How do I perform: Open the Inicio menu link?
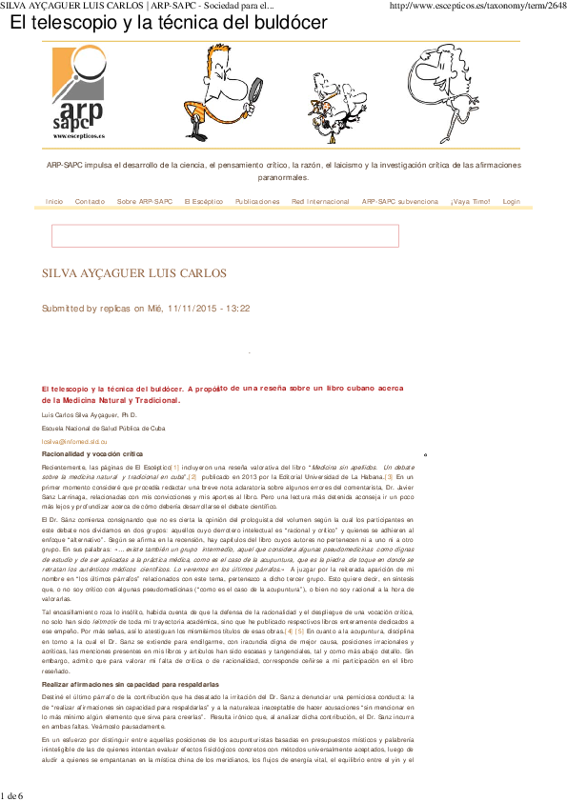coord(54,202)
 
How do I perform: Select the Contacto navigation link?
coord(91,202)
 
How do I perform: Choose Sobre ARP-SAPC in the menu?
coord(145,202)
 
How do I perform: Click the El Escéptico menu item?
coord(204,202)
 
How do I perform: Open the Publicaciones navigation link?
coord(257,202)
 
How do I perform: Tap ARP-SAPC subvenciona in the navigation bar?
coord(400,202)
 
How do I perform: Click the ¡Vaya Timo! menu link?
coord(470,202)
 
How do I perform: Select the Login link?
coord(511,202)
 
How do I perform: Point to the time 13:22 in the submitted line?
coord(237,309)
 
